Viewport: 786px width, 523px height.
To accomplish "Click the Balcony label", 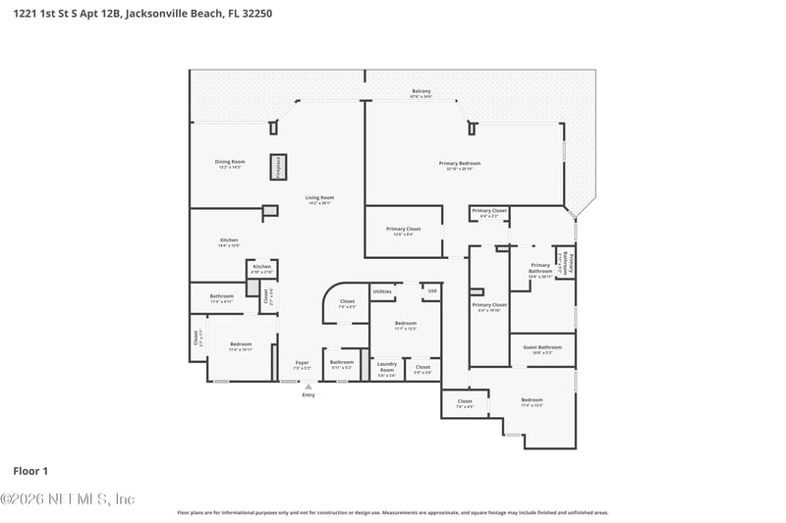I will pos(421,93).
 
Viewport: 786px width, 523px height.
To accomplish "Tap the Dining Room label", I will pos(230,163).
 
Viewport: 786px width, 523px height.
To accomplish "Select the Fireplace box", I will pos(278,167).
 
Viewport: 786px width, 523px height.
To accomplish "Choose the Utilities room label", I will pos(382,291).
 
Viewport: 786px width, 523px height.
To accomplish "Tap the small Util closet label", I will pos(431,291).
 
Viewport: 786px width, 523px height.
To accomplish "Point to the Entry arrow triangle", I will pos(309,387).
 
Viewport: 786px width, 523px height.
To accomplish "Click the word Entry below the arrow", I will pos(309,395).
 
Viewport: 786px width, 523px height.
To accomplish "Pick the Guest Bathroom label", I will pos(542,348).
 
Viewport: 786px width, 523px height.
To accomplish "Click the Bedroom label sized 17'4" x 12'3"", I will pos(532,401).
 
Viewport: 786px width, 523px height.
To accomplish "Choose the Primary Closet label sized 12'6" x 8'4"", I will pos(403,231).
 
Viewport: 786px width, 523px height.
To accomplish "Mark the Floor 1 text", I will pos(30,471).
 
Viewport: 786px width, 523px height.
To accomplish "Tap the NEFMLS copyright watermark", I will pos(67,499).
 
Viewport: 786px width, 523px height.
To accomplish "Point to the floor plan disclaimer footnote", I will pos(392,512).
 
